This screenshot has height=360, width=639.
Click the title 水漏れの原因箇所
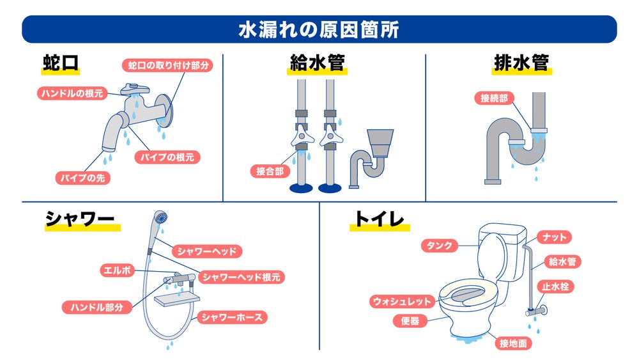319,29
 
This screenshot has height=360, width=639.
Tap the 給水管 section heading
318,64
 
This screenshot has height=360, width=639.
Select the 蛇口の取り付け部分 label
167,65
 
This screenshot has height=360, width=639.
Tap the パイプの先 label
82,178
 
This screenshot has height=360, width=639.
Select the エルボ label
117,270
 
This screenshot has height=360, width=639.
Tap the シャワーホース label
231,317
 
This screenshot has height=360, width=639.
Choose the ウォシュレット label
403,301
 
